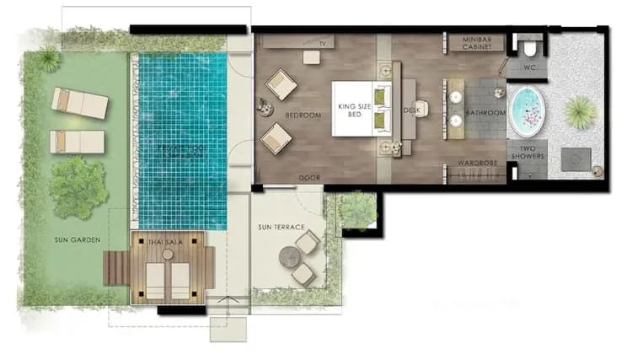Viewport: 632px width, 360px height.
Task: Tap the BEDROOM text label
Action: click(x=303, y=115)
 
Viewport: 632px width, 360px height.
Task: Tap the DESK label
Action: click(x=410, y=110)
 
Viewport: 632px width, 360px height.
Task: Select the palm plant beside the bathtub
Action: click(x=581, y=110)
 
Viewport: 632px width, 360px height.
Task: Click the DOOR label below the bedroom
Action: click(x=310, y=178)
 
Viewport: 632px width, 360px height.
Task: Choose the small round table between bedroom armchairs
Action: click(x=263, y=106)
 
